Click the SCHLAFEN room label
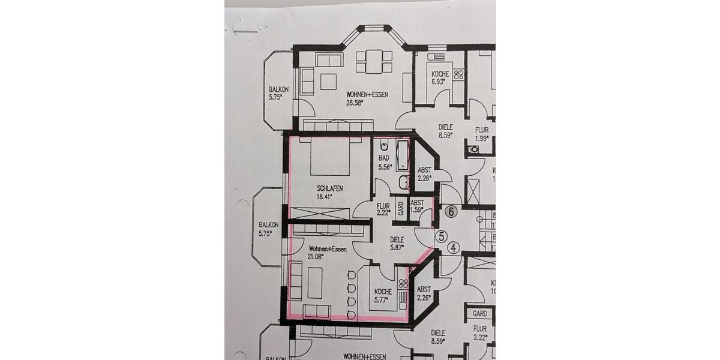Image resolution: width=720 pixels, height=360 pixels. pyautogui.click(x=329, y=188)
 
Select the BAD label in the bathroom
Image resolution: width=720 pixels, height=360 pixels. pyautogui.click(x=383, y=158)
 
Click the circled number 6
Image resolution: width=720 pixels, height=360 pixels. pyautogui.click(x=451, y=211)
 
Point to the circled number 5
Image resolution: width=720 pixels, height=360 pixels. pyautogui.click(x=441, y=236)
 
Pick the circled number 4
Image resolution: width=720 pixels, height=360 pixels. pyautogui.click(x=454, y=247)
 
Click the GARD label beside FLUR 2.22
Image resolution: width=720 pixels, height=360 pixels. pyautogui.click(x=401, y=209)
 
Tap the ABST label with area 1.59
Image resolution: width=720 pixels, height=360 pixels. pyautogui.click(x=417, y=203)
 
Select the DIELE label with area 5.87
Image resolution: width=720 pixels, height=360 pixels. pyautogui.click(x=397, y=238)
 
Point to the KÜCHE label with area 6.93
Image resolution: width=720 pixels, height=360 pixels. pyautogui.click(x=439, y=74)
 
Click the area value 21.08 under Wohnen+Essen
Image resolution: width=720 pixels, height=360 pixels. pyautogui.click(x=316, y=256)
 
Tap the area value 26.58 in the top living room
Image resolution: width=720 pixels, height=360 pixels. pyautogui.click(x=355, y=103)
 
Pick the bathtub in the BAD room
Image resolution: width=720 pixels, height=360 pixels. pyautogui.click(x=402, y=154)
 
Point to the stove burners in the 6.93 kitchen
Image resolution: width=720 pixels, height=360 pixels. pyautogui.click(x=460, y=75)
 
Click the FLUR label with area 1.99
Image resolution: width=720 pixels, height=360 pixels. pyautogui.click(x=482, y=130)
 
